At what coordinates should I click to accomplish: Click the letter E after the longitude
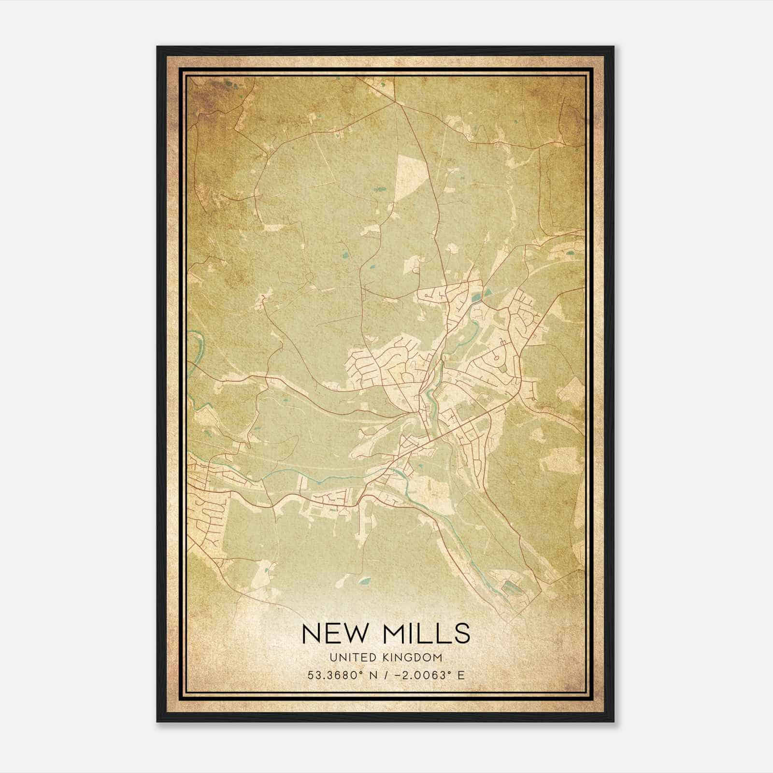[x=461, y=675]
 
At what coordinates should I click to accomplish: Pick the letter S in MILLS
[x=462, y=633]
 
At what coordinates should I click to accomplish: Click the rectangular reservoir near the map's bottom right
[x=509, y=587]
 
